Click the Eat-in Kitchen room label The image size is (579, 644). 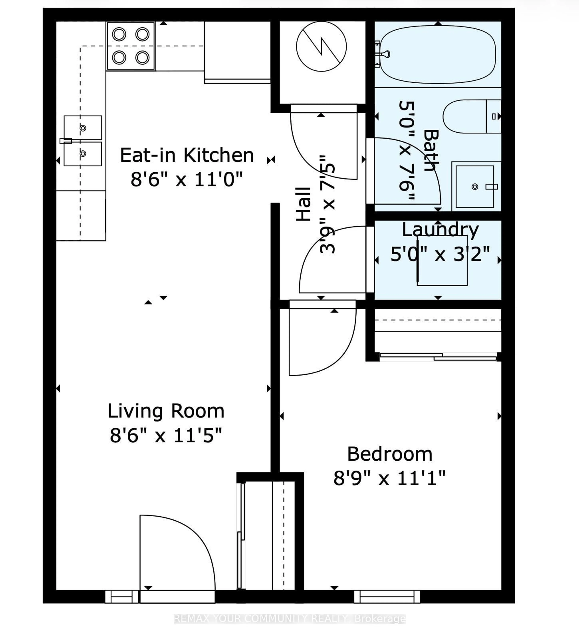[187, 155]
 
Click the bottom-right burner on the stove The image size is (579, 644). [142, 58]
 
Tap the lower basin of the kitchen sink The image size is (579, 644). [83, 154]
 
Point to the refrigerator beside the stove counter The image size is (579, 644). [237, 51]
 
